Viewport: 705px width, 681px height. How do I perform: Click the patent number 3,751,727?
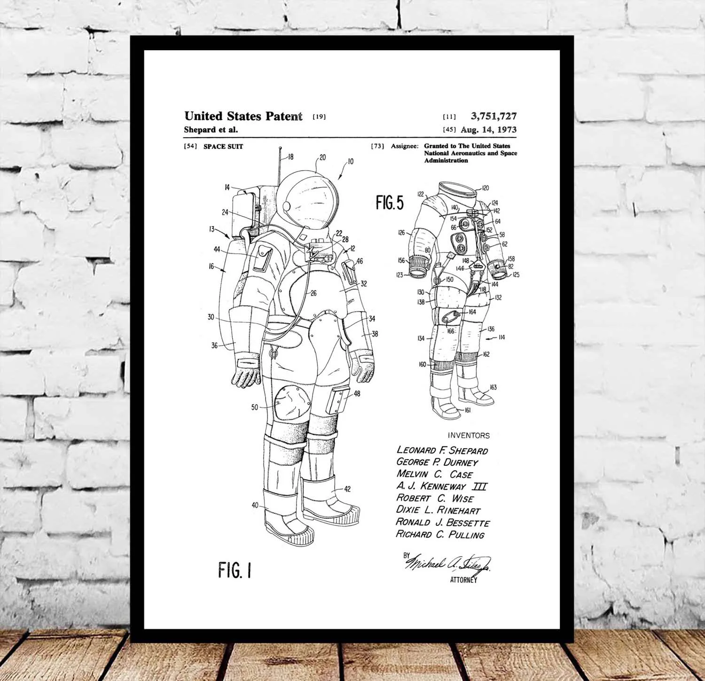(493, 116)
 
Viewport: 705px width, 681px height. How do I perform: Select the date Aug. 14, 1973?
(488, 130)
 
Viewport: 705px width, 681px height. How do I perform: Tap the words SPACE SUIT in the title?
(223, 147)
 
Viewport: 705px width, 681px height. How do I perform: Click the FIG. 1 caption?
(235, 571)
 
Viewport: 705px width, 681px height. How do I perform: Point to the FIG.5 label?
(390, 203)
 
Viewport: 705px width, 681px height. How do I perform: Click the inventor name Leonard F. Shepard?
(442, 451)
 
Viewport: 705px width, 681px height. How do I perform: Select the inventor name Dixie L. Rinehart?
(438, 510)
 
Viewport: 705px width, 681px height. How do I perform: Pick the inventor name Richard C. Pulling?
(440, 534)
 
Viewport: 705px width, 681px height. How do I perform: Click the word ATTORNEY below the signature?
(463, 580)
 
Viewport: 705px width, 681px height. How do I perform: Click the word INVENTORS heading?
(469, 436)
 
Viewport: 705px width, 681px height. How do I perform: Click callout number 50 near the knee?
(255, 407)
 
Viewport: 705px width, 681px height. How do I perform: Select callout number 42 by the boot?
(347, 489)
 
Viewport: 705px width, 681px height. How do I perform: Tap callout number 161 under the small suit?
(467, 410)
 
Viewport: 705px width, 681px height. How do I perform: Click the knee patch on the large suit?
(291, 402)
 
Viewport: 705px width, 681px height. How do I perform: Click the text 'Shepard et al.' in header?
(211, 130)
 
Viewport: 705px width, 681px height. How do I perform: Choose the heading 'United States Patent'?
(243, 116)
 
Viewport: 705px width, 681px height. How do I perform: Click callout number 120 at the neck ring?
(486, 188)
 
